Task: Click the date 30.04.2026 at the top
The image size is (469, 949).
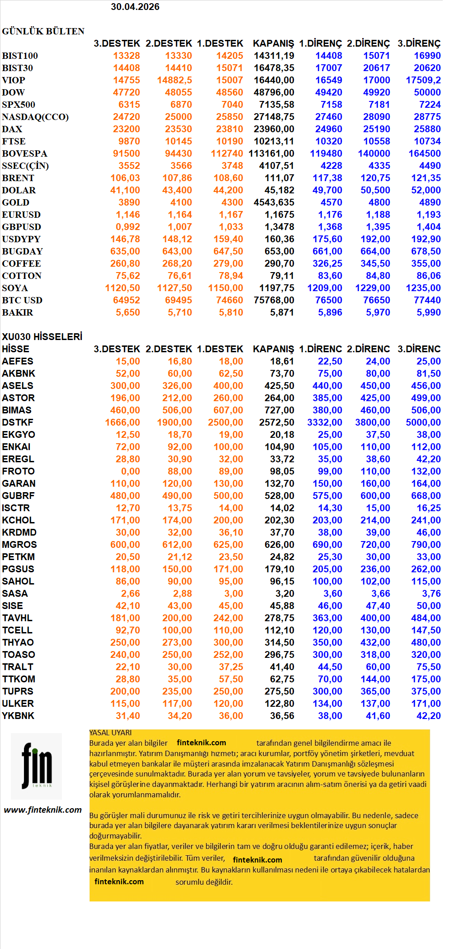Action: point(135,7)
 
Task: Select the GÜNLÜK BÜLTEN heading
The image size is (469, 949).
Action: point(43,31)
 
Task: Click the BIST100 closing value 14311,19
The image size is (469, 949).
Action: point(274,56)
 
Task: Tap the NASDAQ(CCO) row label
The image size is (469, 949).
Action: point(35,117)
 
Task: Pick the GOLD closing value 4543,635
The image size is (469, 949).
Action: point(274,202)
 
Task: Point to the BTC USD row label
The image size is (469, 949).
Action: point(22,300)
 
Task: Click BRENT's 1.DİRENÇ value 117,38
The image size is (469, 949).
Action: point(327,178)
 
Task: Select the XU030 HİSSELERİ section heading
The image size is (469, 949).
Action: point(42,337)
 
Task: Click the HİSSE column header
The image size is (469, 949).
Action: point(15,349)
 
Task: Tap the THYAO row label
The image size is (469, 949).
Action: point(18,642)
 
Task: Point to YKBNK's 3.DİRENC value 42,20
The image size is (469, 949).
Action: point(428,716)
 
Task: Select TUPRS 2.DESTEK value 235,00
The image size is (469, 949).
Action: point(177,691)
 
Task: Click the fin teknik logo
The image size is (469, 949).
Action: point(37,766)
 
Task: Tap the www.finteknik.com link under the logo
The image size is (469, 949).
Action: point(43,810)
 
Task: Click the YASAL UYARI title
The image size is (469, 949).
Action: point(110,733)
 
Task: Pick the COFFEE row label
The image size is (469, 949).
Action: point(21,264)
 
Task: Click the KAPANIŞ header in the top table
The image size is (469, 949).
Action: point(273,43)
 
